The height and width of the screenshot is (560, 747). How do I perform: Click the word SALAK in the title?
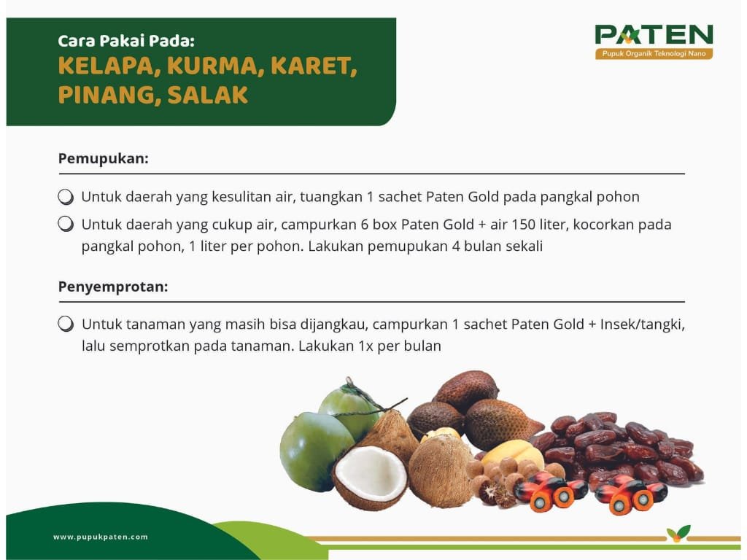click(x=208, y=94)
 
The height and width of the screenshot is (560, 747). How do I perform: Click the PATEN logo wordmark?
click(x=654, y=35)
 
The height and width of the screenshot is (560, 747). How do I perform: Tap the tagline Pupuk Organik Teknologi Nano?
click(x=654, y=53)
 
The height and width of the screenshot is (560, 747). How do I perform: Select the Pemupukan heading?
click(x=104, y=158)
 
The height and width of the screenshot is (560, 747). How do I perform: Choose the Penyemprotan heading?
click(x=113, y=287)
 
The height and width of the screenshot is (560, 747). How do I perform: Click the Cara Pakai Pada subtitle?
click(x=126, y=41)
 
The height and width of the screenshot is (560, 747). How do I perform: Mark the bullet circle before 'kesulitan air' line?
click(x=66, y=197)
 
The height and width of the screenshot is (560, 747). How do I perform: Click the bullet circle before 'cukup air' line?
click(x=66, y=224)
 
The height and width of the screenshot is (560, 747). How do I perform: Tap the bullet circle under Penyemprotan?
click(x=66, y=324)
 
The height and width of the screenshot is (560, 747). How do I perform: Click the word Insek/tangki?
click(x=642, y=324)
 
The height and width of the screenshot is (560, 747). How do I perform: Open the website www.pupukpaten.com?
click(x=101, y=537)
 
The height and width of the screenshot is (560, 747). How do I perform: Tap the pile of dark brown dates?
click(x=619, y=448)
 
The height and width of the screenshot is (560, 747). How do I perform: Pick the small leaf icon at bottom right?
click(x=678, y=533)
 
